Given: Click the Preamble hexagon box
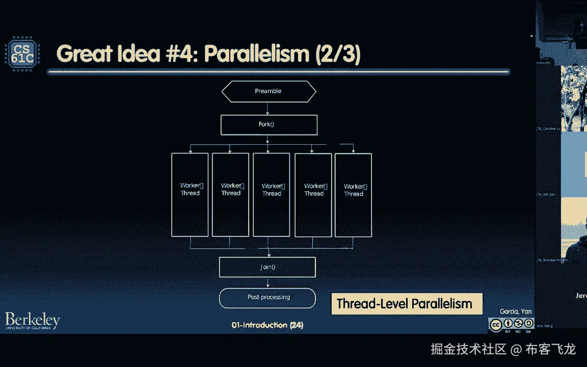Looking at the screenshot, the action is [269, 91].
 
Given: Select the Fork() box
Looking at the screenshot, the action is [269, 124].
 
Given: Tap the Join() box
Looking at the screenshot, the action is [268, 267].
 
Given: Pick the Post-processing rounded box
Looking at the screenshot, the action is [268, 297].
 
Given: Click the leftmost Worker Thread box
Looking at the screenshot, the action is [190, 195].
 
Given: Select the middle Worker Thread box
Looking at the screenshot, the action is [272, 195].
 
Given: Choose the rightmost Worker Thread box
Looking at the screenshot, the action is [353, 195].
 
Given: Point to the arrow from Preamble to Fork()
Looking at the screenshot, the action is [268, 108].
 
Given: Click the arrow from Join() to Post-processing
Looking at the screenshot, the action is [268, 282].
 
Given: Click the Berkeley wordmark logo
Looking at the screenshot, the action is [33, 321].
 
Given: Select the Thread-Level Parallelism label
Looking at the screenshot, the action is [405, 304].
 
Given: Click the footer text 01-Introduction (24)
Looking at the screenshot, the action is [267, 325].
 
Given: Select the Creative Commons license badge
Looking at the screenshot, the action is [511, 324].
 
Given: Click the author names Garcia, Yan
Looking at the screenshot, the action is [516, 312].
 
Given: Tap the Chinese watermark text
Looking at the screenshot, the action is [503, 350].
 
